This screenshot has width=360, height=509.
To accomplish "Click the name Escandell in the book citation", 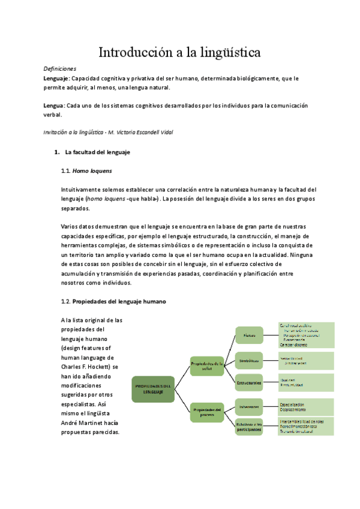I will click(x=148, y=132).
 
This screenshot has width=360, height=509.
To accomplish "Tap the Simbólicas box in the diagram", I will click(x=249, y=361).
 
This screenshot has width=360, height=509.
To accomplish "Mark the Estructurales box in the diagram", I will click(x=249, y=382).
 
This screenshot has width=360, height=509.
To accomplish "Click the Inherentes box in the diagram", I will click(x=249, y=407).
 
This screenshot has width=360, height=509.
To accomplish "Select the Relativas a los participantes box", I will click(x=249, y=427).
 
